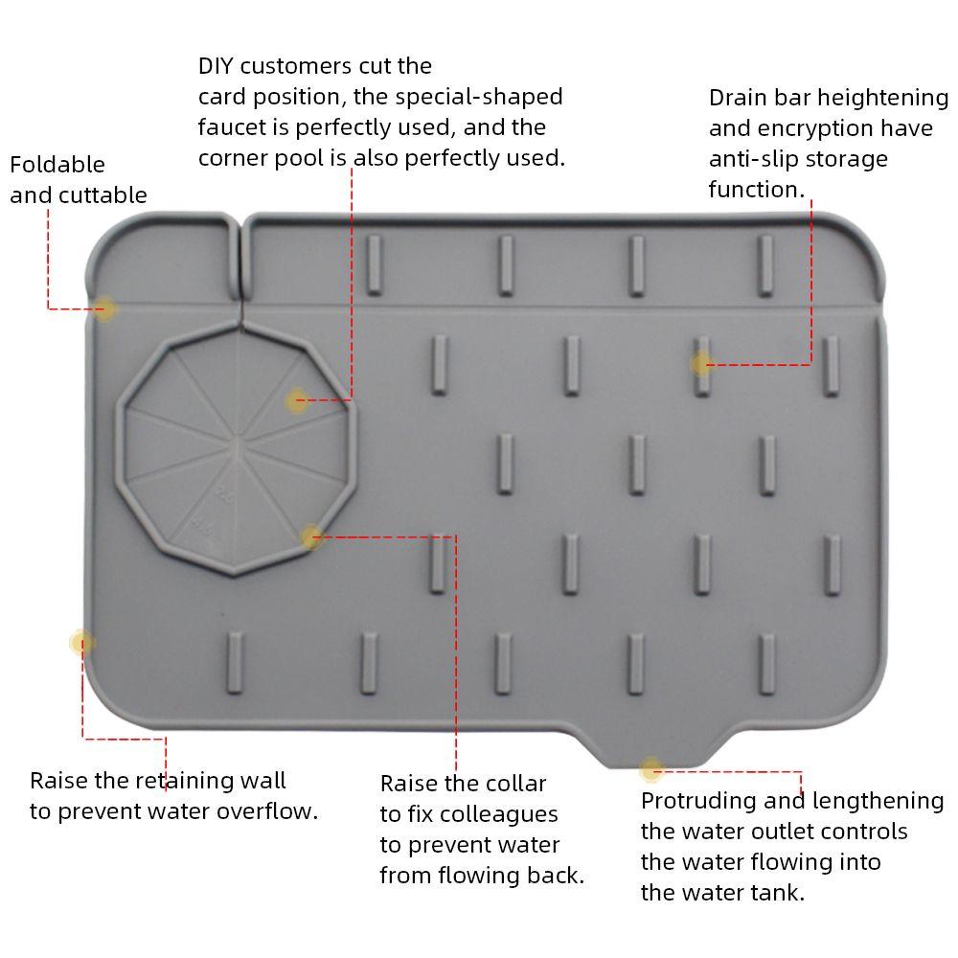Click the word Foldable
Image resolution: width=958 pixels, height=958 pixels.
coord(57,165)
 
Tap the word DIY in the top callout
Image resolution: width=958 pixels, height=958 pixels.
coord(216,66)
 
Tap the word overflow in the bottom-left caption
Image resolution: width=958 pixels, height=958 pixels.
coord(268,811)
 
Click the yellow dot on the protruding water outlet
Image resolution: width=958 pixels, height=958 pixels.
coord(650,768)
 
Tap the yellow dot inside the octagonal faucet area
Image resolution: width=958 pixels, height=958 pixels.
coord(297,400)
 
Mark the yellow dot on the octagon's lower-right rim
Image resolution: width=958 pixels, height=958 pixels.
coord(310,537)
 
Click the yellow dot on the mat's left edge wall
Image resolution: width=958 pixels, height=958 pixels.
coord(82,642)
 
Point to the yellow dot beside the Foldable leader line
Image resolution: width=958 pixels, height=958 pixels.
coord(104,308)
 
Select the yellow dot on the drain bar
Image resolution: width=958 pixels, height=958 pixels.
coord(701,363)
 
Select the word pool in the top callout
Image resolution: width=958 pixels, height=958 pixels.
coord(302,158)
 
